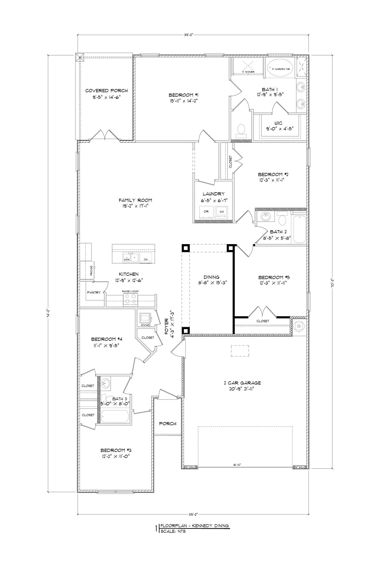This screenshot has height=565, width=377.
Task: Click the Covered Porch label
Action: pos(106,91)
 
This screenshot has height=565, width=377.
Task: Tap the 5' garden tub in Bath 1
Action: pos(280,69)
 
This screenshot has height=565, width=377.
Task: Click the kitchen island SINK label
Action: pos(127,259)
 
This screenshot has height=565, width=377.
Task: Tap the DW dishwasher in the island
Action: pos(146,259)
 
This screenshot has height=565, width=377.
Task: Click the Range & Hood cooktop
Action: pos(130,299)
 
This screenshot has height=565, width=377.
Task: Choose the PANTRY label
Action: pos(94,292)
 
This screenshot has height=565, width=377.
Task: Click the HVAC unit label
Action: pos(146,325)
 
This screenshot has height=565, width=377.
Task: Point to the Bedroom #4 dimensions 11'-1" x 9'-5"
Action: pos(104,345)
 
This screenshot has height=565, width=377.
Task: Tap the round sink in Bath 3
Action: pos(106,383)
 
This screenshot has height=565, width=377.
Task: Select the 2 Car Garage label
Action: pos(242,383)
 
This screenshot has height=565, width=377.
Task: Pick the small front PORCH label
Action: pos(168,423)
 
